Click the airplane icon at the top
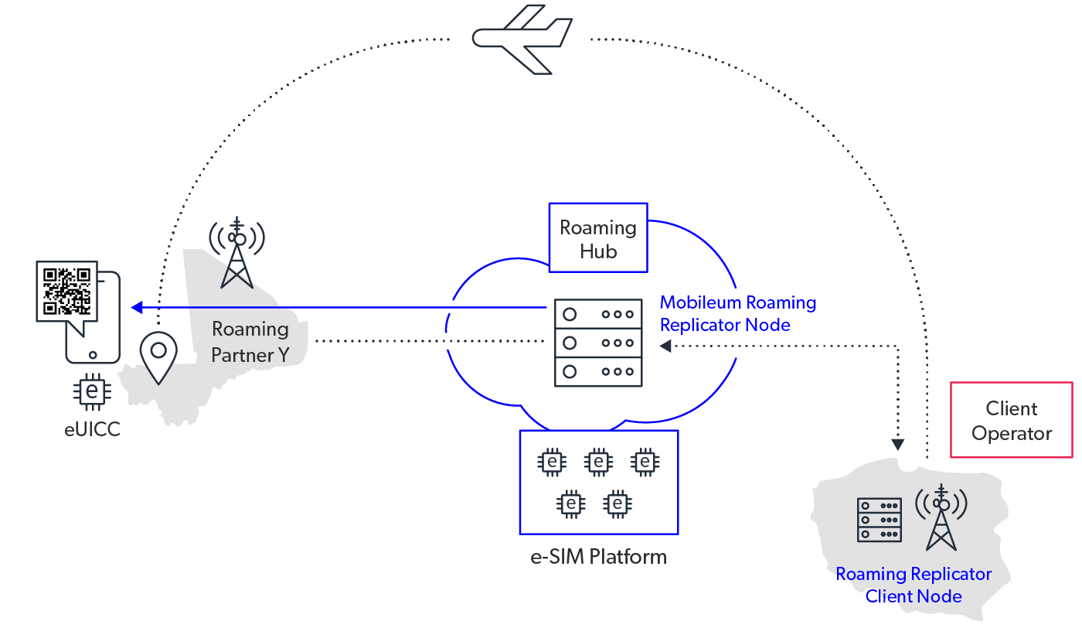tap(522, 39)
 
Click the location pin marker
tap(158, 357)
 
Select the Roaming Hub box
tap(598, 238)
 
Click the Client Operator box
tap(1011, 421)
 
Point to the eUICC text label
tap(93, 429)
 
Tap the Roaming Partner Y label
tap(250, 342)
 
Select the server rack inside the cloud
tap(599, 343)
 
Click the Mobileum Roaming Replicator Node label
tap(737, 313)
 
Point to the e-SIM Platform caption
tap(599, 557)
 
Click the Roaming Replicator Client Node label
tap(914, 585)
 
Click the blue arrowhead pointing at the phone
tap(136, 308)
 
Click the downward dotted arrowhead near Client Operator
tap(897, 445)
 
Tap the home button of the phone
tap(93, 356)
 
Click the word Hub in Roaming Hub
tap(598, 251)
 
